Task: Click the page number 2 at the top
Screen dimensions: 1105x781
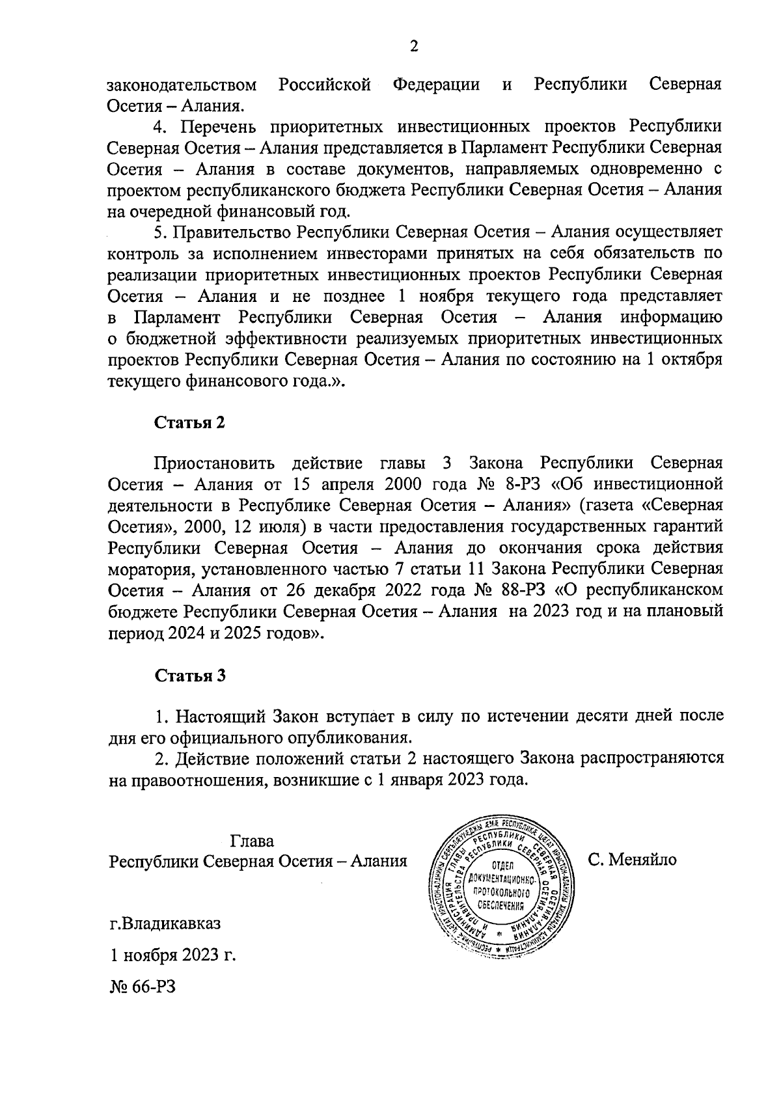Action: tap(414, 46)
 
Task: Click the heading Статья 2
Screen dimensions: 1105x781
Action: tap(189, 422)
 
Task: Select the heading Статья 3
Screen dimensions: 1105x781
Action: tap(190, 675)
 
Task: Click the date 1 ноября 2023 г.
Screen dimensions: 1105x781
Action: tap(172, 956)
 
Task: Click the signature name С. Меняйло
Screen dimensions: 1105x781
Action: tap(633, 860)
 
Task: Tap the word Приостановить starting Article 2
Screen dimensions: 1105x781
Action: tap(214, 464)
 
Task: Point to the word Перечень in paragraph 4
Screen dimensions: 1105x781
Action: tap(219, 127)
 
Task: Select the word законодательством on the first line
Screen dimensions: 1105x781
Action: tap(182, 85)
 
